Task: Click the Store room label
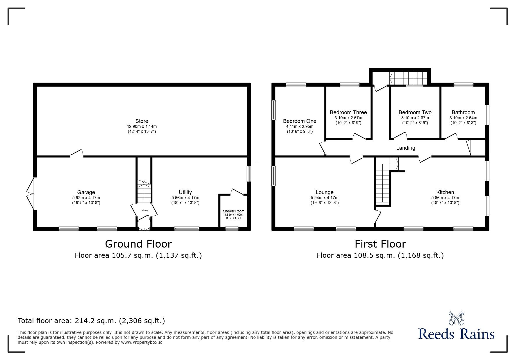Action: (x=142, y=121)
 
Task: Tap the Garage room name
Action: (x=86, y=192)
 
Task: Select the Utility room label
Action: (x=185, y=192)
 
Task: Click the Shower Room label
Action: (x=234, y=211)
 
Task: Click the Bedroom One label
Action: (x=300, y=121)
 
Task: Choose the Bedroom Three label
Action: (x=348, y=112)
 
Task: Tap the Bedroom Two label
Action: (x=415, y=112)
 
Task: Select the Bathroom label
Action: (x=463, y=112)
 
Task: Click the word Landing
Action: (x=405, y=148)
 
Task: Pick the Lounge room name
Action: (x=324, y=192)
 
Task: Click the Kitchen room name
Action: (x=445, y=192)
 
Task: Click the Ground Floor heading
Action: (x=138, y=244)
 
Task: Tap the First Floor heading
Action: (x=380, y=244)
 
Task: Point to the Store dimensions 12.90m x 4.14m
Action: (x=142, y=126)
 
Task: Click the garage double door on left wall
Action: (x=30, y=193)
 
